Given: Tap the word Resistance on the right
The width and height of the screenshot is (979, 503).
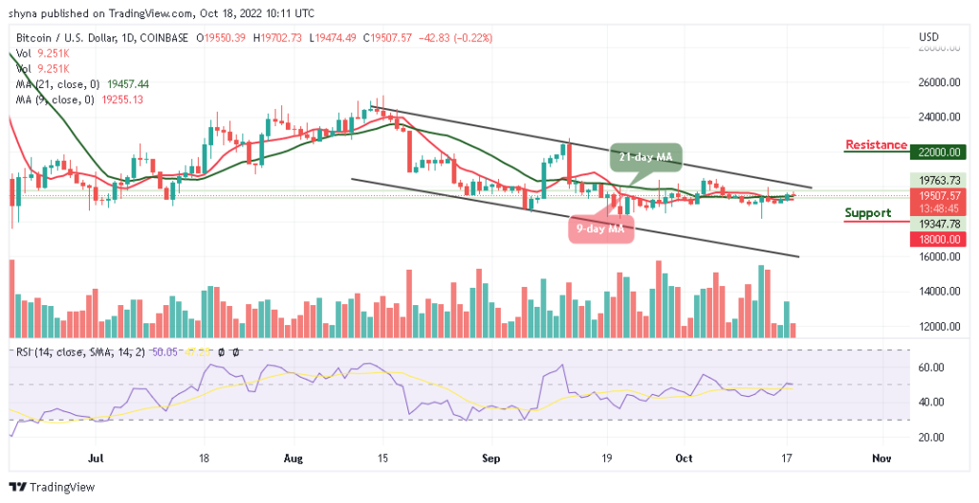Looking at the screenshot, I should (x=876, y=145).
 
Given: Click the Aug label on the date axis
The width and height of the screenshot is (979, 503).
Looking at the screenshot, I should (x=294, y=459).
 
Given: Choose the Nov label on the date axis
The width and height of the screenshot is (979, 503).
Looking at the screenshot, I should (x=881, y=459).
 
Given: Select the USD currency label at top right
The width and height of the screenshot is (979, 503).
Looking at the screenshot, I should (x=928, y=37).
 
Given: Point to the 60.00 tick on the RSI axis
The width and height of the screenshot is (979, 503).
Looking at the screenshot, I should (x=932, y=367).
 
